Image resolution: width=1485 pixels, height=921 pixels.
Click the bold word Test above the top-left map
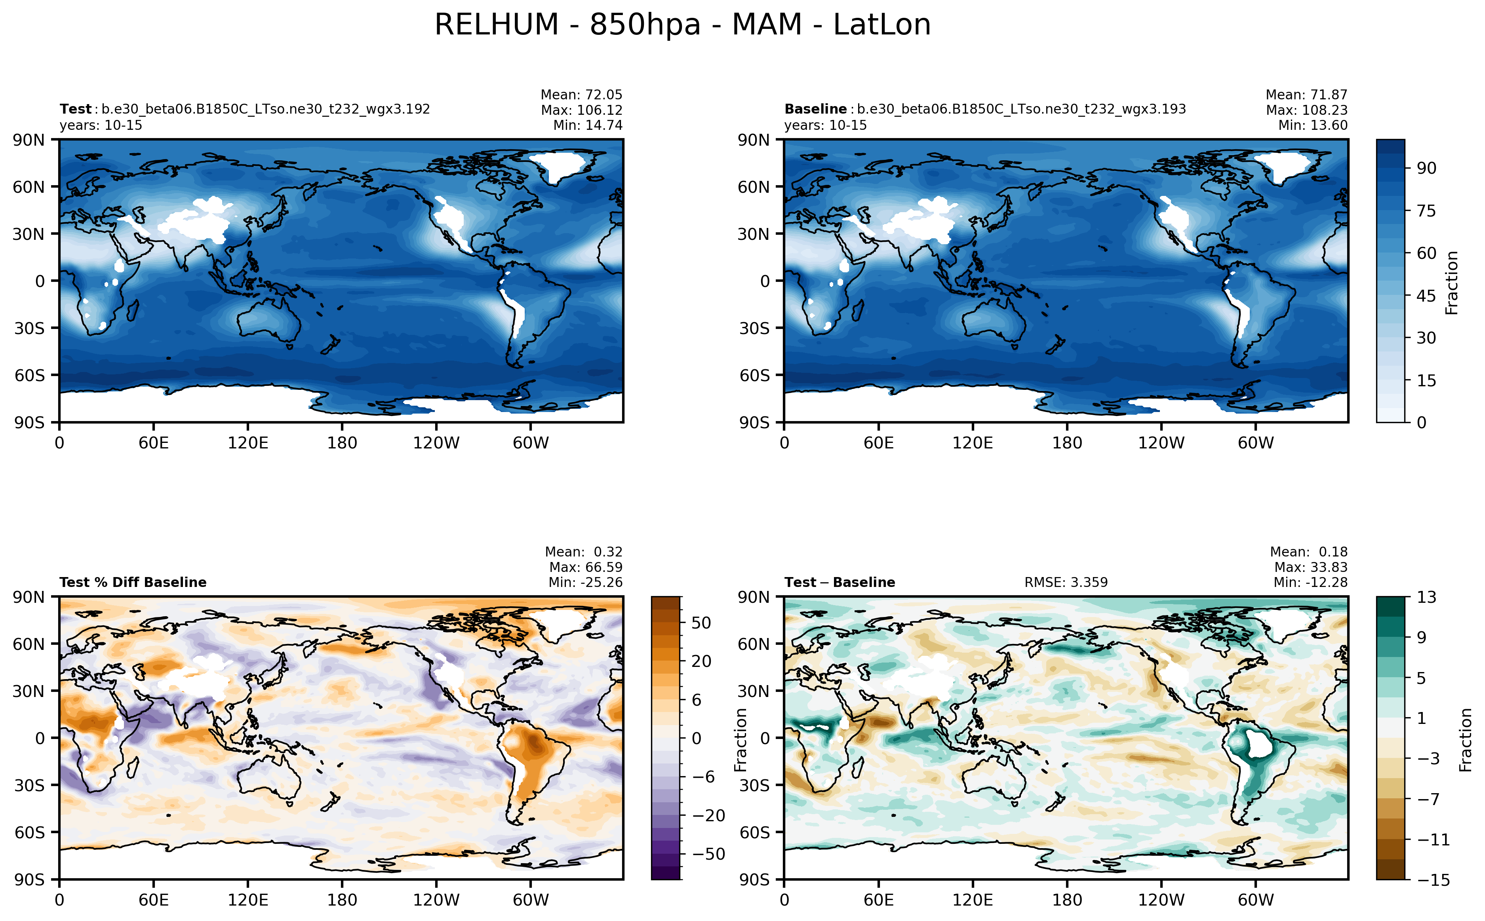point(75,109)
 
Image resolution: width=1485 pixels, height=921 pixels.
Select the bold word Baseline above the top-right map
point(815,109)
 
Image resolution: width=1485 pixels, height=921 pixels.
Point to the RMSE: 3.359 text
point(1065,582)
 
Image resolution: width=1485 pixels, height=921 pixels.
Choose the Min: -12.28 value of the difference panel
point(1310,582)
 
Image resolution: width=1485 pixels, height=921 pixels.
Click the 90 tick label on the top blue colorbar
point(1426,168)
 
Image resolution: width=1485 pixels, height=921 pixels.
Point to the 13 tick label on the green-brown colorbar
point(1426,597)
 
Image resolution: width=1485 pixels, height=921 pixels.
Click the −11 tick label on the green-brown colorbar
point(1428,839)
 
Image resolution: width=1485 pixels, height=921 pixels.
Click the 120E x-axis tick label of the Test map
point(247,443)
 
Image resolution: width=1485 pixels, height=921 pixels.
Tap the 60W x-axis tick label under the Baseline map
point(1255,443)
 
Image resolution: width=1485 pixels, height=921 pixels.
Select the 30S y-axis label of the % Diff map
point(29,785)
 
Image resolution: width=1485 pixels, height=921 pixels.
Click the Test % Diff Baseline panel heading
point(133,582)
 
